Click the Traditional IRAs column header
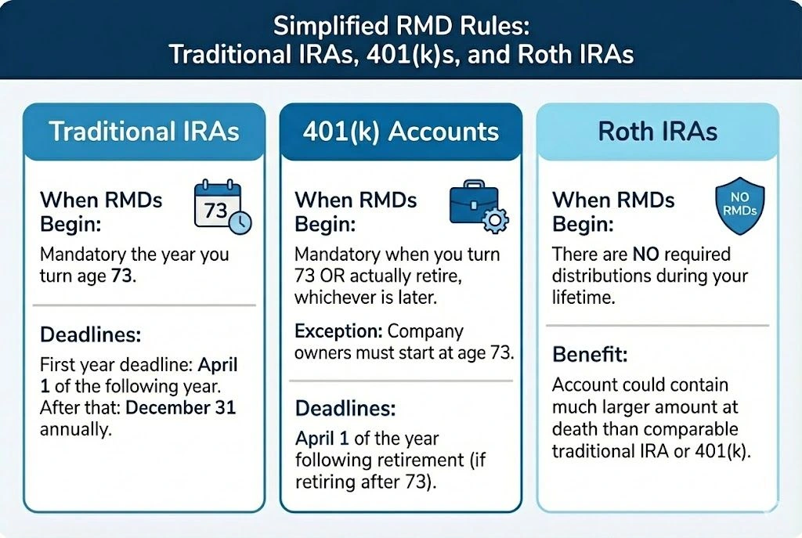[x=143, y=131]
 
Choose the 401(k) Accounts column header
[x=400, y=131]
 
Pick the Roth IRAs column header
[x=657, y=131]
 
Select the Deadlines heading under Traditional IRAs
[x=90, y=335]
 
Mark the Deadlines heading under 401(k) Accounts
[x=345, y=408]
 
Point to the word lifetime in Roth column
[x=581, y=298]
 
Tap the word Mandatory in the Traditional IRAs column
[x=86, y=255]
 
